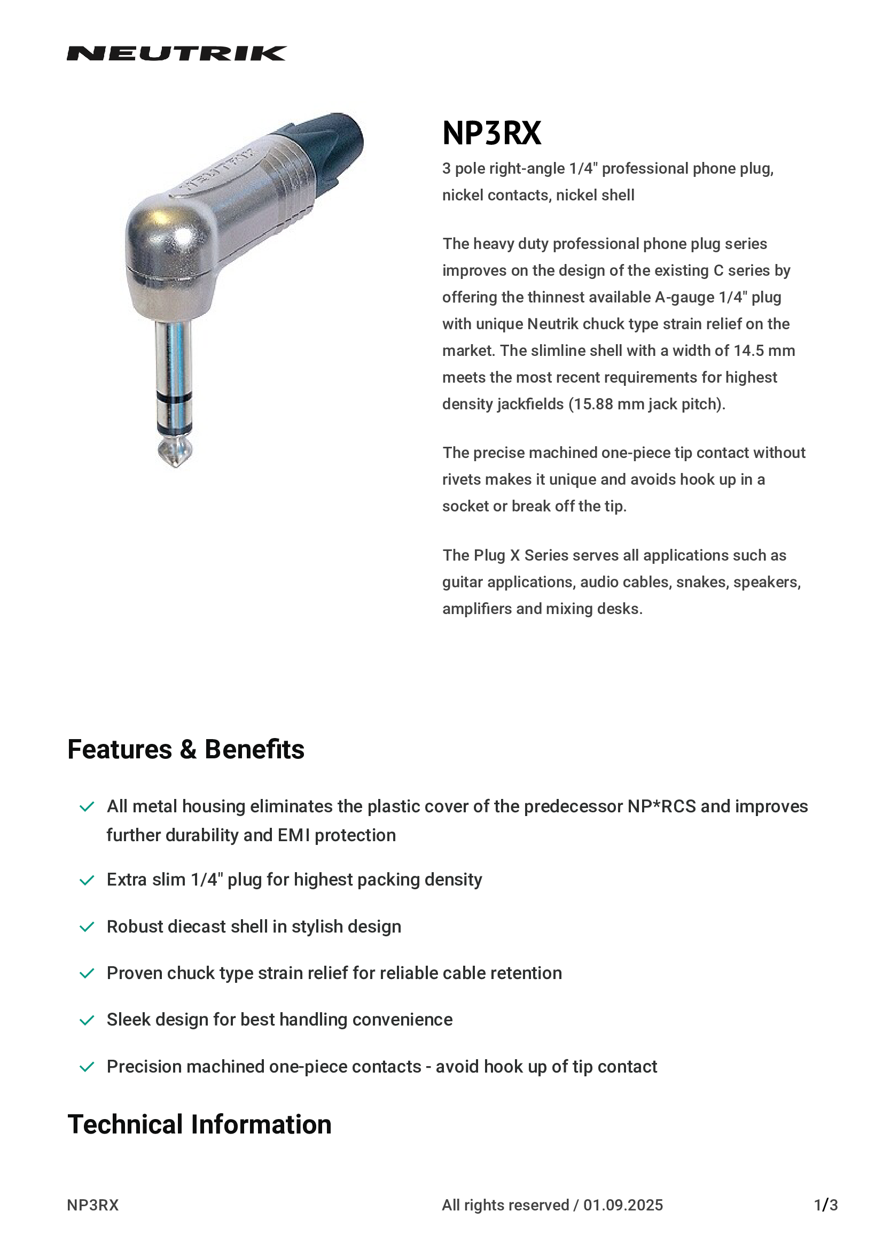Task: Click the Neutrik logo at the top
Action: click(176, 53)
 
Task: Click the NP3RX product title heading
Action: click(491, 133)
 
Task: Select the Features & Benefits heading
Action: click(185, 749)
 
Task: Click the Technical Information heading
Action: click(199, 1124)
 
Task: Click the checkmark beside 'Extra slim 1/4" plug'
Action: click(87, 880)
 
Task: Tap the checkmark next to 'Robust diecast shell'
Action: click(87, 927)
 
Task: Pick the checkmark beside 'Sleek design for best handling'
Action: click(87, 1020)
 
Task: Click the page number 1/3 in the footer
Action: click(825, 1205)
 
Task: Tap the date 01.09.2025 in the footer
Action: click(623, 1205)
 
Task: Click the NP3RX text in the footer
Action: click(92, 1205)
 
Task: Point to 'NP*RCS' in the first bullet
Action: click(661, 806)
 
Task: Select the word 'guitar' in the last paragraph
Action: click(463, 582)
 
